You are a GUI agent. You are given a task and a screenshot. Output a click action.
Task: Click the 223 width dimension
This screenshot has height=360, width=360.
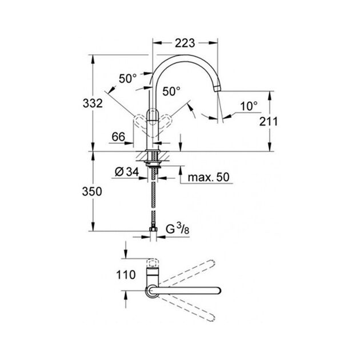tap(185, 43)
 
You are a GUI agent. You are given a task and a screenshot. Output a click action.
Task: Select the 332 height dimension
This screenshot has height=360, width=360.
tap(93, 103)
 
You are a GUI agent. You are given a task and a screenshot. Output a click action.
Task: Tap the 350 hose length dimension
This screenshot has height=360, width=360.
tap(92, 191)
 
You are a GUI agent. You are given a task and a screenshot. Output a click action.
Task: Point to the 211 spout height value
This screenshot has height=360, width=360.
tap(268, 122)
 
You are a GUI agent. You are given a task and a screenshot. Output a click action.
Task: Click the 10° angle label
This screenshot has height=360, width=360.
tap(249, 106)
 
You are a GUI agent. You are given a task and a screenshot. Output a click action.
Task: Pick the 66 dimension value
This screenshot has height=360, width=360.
tap(118, 137)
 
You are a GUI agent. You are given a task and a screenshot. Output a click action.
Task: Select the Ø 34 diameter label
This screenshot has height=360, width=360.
tap(127, 172)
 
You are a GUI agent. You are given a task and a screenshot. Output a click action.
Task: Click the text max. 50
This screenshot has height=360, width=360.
tap(209, 177)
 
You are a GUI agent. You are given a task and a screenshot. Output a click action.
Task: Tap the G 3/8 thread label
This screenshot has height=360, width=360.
tap(178, 229)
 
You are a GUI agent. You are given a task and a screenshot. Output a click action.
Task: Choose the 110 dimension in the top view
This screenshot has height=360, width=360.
tap(126, 275)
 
